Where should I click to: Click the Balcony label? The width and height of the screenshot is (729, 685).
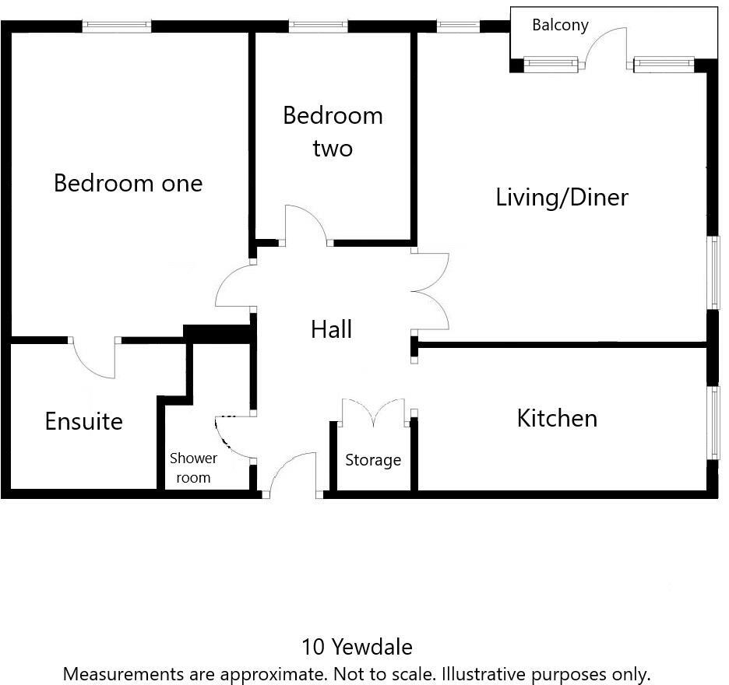pos(560,25)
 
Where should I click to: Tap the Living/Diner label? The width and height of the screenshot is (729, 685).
pos(562,198)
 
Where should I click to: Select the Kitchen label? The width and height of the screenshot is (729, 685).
pos(557,418)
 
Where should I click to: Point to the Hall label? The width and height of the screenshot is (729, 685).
pos(332,329)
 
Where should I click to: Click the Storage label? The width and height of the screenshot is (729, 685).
pos(373,460)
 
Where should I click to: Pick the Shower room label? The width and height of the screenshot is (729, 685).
pos(193,468)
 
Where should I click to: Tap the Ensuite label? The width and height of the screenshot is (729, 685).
pos(84,421)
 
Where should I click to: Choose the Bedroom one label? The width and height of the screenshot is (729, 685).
pos(129,183)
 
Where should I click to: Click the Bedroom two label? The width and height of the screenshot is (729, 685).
pos(333,132)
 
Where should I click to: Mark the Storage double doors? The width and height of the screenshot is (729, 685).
pos(373,411)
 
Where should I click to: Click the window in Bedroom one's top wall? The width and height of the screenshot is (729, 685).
pos(117,26)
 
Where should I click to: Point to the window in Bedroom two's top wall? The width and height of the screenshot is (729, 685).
pos(318,26)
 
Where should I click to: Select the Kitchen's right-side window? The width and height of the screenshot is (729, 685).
pos(713,423)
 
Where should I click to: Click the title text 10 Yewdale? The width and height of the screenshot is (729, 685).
pos(357,647)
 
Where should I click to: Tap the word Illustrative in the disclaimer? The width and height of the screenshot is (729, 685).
pos(484,674)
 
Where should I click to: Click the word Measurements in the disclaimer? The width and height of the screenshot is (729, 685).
pos(117,674)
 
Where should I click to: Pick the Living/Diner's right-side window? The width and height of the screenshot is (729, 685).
pos(713,272)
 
